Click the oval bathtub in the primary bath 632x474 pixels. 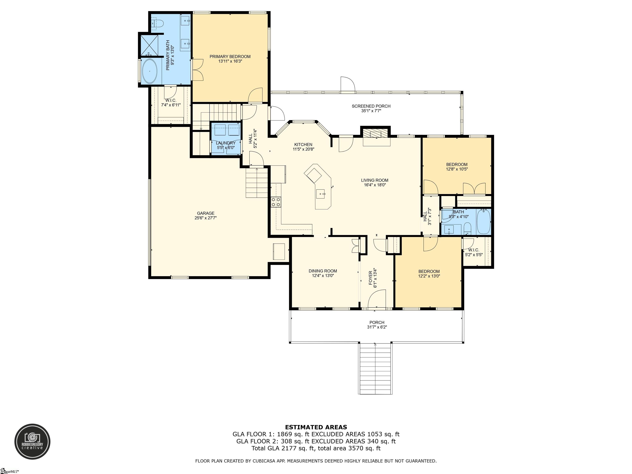pos(150,71)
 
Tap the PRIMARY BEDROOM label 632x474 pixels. pos(230,57)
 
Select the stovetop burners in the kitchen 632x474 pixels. pos(276,202)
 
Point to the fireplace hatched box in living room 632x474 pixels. pos(376,133)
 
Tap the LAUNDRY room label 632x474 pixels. pos(226,143)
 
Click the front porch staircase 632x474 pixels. pos(375,369)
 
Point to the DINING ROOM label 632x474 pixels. pos(323,271)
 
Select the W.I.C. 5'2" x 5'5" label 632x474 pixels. pos(474,252)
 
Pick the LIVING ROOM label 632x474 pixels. pos(375,180)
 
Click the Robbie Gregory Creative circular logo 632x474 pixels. pos(32,441)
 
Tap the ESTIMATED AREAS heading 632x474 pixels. pos(316,427)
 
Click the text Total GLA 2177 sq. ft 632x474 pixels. pos(283,448)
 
